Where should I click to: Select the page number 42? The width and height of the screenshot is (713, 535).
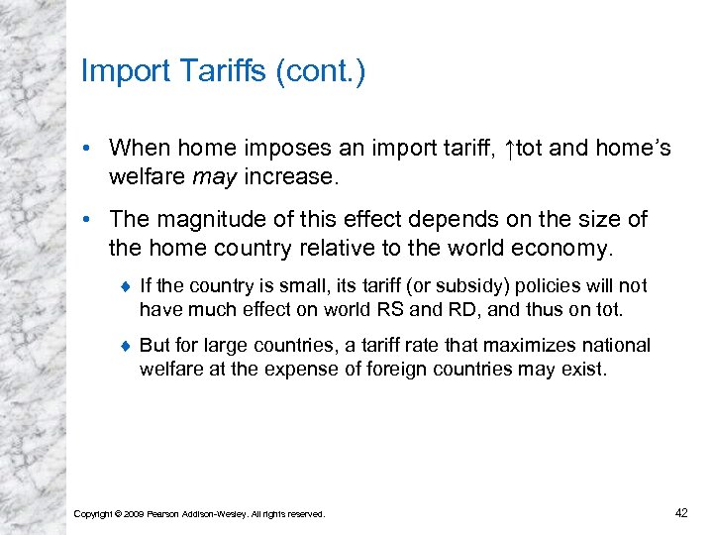point(680,512)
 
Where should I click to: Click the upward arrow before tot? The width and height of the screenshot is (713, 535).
point(508,149)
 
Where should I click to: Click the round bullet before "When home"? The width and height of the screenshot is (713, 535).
point(89,150)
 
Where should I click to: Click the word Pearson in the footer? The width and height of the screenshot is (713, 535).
point(165,513)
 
